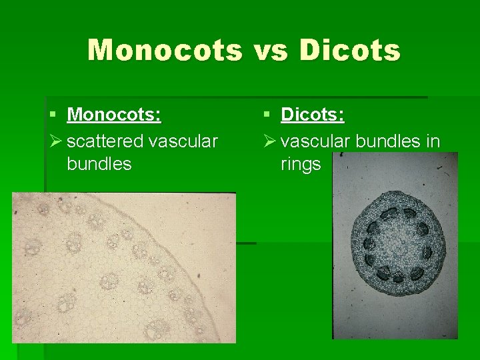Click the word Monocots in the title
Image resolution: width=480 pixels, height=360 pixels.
[165, 50]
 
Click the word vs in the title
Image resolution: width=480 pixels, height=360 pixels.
[271, 50]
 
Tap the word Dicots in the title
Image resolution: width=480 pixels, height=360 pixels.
[350, 50]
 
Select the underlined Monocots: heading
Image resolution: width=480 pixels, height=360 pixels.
[114, 115]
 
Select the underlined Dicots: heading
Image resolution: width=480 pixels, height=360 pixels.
[313, 115]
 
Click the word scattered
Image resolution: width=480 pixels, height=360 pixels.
[105, 141]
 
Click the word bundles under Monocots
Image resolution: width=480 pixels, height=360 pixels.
[99, 164]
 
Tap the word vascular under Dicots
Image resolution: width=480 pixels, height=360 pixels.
[316, 141]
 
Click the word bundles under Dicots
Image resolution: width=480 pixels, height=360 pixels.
[389, 141]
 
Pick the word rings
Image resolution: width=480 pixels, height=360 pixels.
[301, 164]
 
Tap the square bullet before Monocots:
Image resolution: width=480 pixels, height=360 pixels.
[53, 115]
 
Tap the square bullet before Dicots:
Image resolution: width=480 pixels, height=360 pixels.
[267, 115]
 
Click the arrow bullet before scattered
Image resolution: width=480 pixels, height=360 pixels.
[55, 141]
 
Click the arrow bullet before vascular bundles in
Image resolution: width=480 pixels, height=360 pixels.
[269, 141]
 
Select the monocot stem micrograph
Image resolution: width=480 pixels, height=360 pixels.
[123, 267]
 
